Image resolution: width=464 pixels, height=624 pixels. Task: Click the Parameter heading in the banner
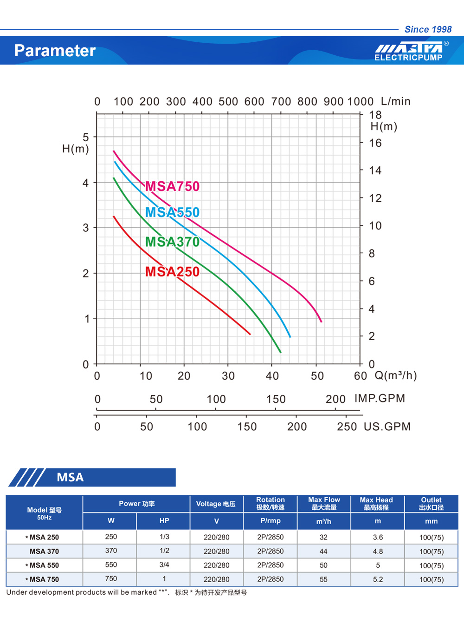pos(55,51)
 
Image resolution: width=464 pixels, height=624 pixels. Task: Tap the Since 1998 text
pos(428,29)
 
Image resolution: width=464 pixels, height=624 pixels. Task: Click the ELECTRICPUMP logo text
pos(408,58)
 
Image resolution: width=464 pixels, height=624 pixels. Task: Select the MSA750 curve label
pos(172,186)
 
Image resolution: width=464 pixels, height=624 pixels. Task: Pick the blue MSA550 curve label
pos(172,212)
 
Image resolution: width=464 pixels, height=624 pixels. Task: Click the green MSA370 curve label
pos(172,242)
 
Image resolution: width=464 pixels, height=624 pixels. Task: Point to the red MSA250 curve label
pos(172,272)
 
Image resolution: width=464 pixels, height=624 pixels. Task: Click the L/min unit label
pos(395,101)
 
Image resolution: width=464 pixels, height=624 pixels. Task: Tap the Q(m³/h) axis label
pos(395,375)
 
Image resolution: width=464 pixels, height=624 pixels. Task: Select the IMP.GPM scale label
pos(380,399)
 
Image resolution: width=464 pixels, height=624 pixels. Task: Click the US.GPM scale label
pos(387,427)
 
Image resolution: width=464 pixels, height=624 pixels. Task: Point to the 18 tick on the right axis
pos(375,115)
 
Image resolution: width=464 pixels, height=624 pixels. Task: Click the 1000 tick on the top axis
pos(360,102)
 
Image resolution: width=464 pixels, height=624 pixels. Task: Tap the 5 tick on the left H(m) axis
pos(86,137)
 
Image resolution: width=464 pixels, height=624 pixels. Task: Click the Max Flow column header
pos(324,504)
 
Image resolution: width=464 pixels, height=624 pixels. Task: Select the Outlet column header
pos(431,504)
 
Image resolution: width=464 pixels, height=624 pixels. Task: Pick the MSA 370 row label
pos(44,552)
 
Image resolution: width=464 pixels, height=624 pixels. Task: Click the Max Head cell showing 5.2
pos(378,579)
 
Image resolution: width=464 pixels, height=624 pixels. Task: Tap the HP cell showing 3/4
pos(164,565)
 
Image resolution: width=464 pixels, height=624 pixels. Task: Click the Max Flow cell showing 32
pos(323,537)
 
